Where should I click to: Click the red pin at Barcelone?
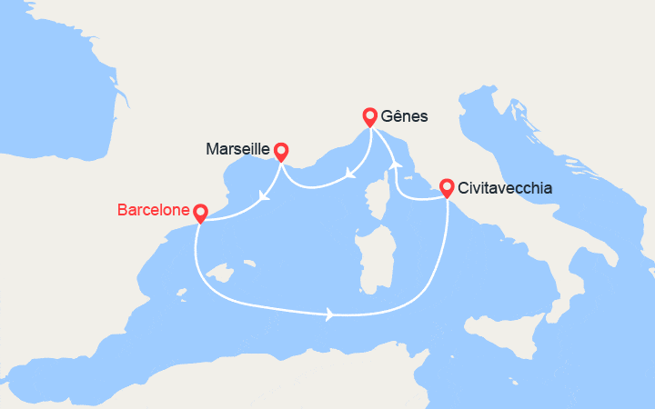point(200,212)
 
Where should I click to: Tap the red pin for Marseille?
point(280,152)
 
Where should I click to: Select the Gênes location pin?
point(369,116)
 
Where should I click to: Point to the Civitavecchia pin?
point(447,187)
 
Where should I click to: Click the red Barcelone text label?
point(154,211)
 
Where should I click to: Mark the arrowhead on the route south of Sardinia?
point(329,315)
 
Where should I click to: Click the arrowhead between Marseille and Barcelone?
point(263,195)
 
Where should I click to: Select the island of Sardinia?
point(368,258)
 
